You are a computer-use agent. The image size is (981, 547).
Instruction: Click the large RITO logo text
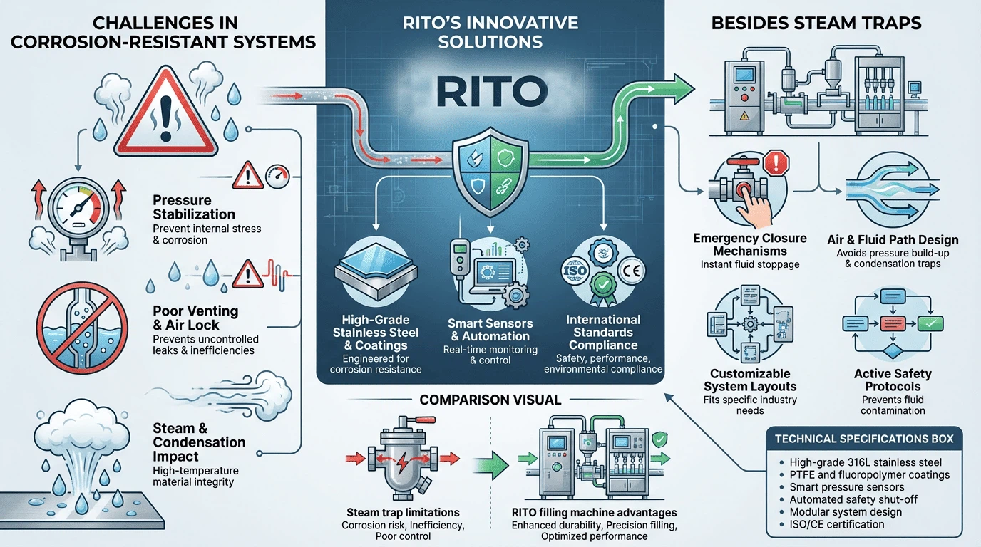492,91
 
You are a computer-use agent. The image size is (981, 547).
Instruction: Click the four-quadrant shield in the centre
490,172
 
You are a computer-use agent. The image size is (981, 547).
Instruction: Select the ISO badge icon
575,271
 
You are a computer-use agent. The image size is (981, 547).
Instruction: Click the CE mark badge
632,271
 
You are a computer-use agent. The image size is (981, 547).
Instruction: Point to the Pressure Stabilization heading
194,207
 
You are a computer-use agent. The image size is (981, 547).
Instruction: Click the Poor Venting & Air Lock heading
195,318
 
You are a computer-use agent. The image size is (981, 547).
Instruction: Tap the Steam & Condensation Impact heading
199,442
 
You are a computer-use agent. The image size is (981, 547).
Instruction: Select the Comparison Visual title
490,400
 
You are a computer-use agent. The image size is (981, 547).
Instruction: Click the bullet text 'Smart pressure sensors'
846,487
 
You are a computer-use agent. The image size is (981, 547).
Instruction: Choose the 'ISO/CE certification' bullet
836,524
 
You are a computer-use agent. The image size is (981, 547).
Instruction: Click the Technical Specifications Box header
864,439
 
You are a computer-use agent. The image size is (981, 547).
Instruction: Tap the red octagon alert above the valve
776,163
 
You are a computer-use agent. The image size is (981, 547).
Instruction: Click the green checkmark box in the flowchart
930,324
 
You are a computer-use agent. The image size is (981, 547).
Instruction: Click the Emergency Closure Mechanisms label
750,244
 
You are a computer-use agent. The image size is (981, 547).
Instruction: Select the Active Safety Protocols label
893,380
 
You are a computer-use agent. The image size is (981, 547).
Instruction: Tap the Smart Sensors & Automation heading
490,330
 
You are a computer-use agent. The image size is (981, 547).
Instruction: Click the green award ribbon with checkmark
603,289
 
